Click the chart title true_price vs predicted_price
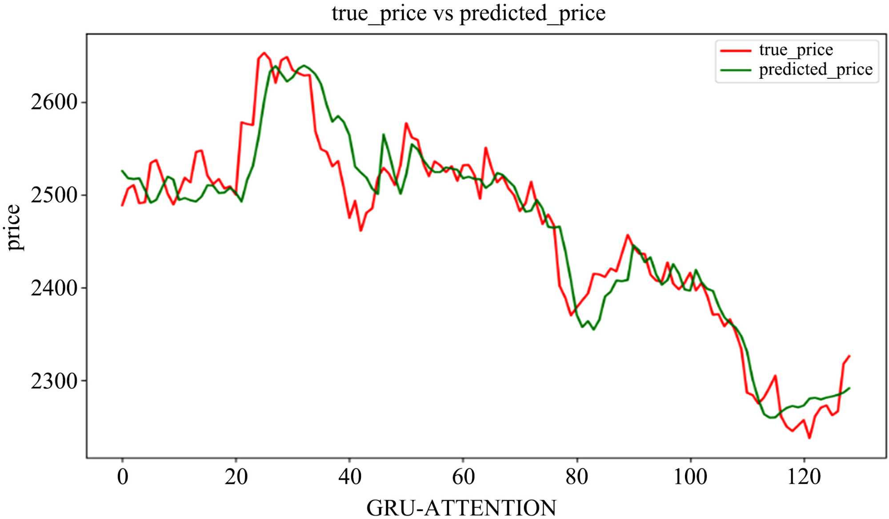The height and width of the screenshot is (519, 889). point(469,13)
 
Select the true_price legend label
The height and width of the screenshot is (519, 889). point(796,50)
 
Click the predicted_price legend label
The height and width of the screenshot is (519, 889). point(816,69)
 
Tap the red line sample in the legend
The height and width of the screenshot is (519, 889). point(736,51)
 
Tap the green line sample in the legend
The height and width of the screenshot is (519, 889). point(736,70)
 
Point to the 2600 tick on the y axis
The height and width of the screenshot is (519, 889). point(54,102)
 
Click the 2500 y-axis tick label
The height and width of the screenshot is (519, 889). point(54,195)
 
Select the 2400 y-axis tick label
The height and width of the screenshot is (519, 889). point(54,288)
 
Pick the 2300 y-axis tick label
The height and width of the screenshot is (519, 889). point(54,381)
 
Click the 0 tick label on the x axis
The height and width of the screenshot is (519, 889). point(122,477)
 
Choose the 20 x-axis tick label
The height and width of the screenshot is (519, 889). point(236,477)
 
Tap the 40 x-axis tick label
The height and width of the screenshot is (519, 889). point(350,477)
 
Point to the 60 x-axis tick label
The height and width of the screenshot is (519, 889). point(463,477)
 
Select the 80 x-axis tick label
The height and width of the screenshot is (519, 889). point(577,477)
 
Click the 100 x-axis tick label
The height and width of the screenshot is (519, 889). point(690,477)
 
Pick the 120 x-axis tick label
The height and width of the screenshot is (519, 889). point(804,477)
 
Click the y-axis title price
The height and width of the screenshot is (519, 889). point(14,227)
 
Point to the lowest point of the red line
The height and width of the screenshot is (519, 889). point(809,438)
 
